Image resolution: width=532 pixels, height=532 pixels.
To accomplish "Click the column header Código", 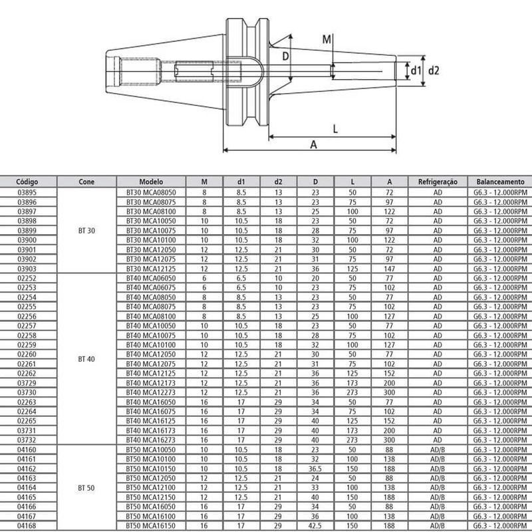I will point(27,181).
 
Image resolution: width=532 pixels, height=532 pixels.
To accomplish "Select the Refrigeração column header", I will point(438,181).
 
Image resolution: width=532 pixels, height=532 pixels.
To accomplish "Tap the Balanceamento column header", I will point(500,181).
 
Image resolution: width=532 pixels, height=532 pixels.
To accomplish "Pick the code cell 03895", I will point(27,192).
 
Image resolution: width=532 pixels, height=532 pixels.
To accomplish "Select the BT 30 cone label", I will point(86,229).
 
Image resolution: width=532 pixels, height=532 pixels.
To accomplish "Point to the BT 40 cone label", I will point(86,358).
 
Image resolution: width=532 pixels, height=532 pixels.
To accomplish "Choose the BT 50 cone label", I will point(86,487).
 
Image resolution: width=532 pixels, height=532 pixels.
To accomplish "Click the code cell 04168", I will point(27,525).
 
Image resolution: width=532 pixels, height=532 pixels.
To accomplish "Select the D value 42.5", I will point(316,525).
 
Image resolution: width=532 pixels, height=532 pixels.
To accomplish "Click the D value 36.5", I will point(316,469).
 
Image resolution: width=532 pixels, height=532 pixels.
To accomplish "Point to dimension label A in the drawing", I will point(313,144).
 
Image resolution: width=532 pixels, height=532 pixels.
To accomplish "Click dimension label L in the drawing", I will point(336,130).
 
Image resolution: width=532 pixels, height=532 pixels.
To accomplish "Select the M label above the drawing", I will point(327,39).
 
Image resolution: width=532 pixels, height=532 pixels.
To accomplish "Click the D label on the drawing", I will point(284,58).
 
